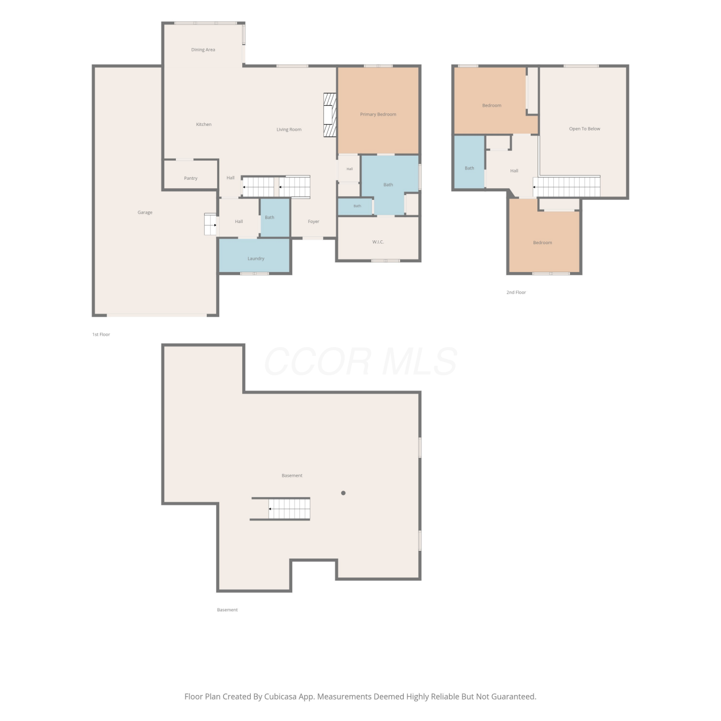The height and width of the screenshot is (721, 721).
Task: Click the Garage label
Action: pyautogui.click(x=145, y=212)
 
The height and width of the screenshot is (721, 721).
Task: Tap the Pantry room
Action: pyautogui.click(x=191, y=175)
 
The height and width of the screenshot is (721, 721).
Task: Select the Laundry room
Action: pyautogui.click(x=255, y=255)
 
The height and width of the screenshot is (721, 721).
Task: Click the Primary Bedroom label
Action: pyautogui.click(x=378, y=114)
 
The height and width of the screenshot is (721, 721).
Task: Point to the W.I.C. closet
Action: pyautogui.click(x=378, y=238)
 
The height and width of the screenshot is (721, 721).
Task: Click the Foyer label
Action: pyautogui.click(x=313, y=222)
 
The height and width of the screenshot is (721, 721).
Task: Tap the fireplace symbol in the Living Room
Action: pyautogui.click(x=329, y=115)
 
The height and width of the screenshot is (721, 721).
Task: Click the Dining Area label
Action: pyautogui.click(x=203, y=50)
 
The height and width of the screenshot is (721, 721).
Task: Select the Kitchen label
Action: pyautogui.click(x=204, y=124)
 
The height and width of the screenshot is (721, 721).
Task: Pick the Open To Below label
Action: pyautogui.click(x=584, y=129)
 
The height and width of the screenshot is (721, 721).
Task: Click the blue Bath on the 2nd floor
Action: pyautogui.click(x=469, y=162)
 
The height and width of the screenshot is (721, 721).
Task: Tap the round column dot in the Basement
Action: pyautogui.click(x=343, y=493)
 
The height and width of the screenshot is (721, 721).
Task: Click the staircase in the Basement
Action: pyautogui.click(x=288, y=509)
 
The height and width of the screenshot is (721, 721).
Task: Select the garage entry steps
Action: pyautogui.click(x=211, y=224)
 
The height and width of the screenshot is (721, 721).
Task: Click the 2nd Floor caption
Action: pyautogui.click(x=516, y=292)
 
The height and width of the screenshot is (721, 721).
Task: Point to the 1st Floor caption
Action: pyautogui.click(x=101, y=335)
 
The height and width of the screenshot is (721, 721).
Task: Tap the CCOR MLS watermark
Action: pyautogui.click(x=360, y=361)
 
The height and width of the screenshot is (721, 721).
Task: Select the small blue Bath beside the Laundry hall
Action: pyautogui.click(x=275, y=218)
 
